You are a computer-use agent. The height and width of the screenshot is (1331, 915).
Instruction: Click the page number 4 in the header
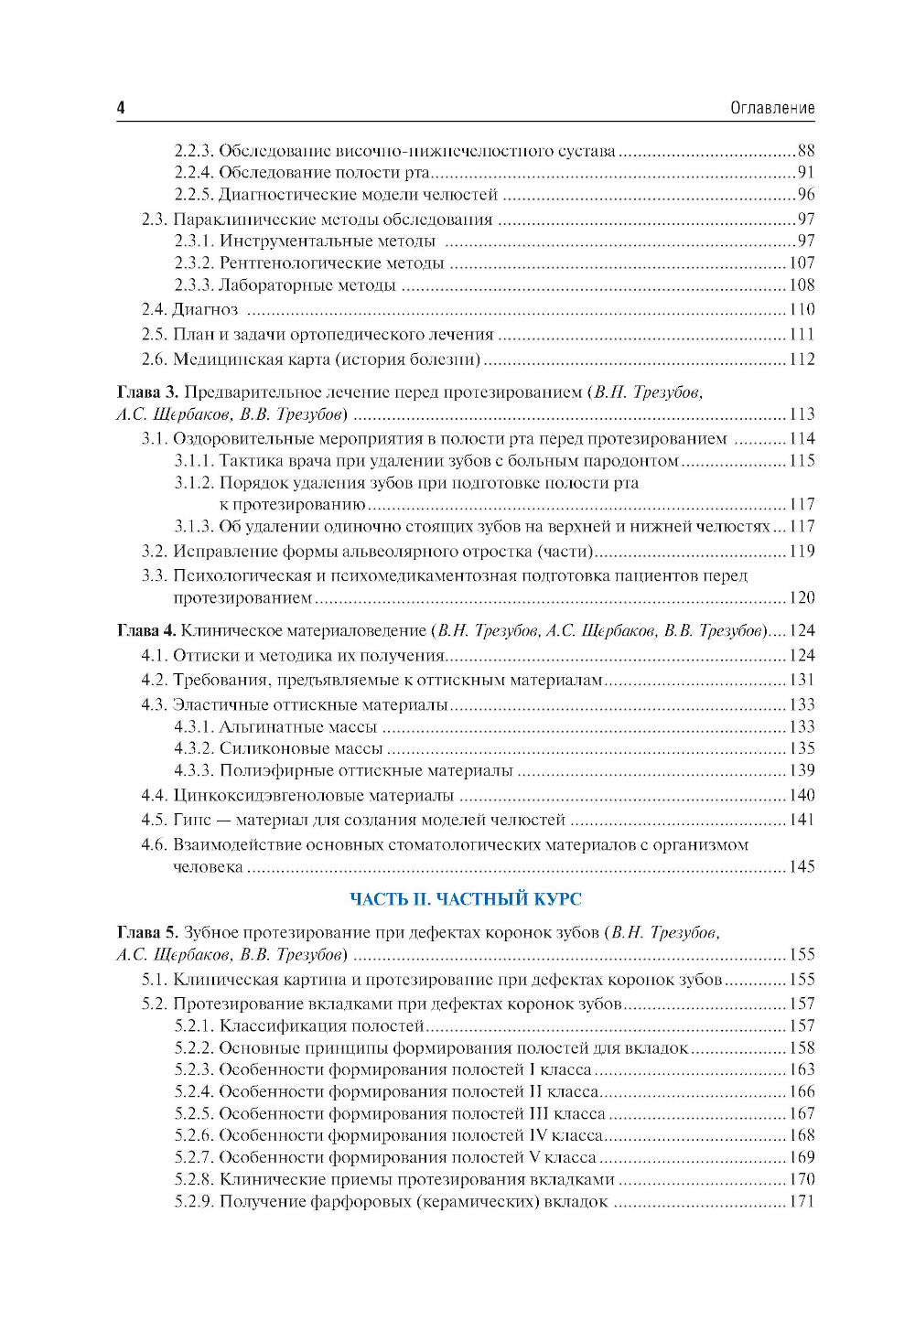(x=121, y=108)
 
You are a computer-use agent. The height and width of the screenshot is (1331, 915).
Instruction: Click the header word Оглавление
(x=772, y=108)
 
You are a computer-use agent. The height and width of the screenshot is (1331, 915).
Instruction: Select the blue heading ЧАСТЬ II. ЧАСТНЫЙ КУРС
(x=466, y=899)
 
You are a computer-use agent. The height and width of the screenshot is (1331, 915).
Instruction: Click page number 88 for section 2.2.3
(x=805, y=151)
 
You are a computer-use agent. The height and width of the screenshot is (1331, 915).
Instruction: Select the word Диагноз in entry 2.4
(x=206, y=309)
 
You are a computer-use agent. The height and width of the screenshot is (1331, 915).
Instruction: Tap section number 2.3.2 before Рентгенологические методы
(x=194, y=263)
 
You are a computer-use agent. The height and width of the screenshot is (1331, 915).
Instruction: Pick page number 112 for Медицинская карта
(x=802, y=359)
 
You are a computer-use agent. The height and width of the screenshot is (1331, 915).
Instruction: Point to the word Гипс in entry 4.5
(x=188, y=820)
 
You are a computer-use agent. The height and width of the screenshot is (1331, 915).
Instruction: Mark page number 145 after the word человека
(x=802, y=866)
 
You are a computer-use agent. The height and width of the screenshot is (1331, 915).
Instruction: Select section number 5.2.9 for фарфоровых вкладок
(x=194, y=1202)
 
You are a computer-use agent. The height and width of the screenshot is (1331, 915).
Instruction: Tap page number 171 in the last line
(x=802, y=1202)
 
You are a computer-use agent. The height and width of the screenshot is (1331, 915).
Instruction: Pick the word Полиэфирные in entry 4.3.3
(x=265, y=771)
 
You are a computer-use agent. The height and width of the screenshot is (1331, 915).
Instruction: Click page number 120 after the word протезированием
(x=802, y=598)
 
